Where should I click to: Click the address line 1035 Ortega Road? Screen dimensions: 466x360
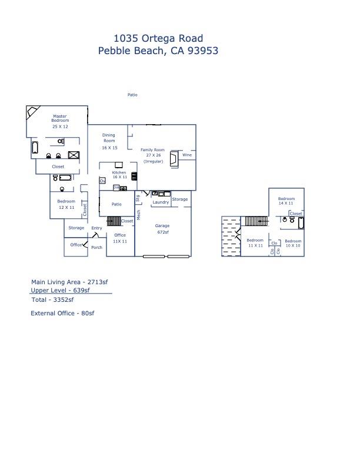tap(158, 39)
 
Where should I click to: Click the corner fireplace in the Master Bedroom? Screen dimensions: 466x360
tap(33, 111)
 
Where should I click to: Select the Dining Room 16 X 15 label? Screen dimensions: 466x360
tap(109, 141)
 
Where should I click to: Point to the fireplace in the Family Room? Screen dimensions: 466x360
tap(174, 159)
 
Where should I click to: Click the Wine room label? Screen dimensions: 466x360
tap(186, 155)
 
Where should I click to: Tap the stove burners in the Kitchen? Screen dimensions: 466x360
tap(134, 175)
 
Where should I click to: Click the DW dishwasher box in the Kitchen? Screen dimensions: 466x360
tap(116, 188)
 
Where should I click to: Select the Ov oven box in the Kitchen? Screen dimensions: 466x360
tap(102, 181)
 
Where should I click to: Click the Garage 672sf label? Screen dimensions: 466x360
tap(162, 229)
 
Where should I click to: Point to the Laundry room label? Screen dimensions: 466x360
tap(161, 202)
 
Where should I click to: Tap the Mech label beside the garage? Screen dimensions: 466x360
tap(139, 215)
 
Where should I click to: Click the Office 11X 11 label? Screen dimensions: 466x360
tap(120, 238)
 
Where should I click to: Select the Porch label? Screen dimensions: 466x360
tap(96, 247)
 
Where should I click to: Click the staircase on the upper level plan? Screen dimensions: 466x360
tap(255, 221)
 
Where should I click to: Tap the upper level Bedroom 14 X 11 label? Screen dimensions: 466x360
tap(286, 201)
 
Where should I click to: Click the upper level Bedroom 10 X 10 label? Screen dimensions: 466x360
tap(293, 243)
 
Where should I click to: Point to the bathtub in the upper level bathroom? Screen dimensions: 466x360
tap(301, 223)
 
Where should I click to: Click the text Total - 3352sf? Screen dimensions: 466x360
tap(52, 299)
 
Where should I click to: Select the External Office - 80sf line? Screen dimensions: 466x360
tap(62, 314)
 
